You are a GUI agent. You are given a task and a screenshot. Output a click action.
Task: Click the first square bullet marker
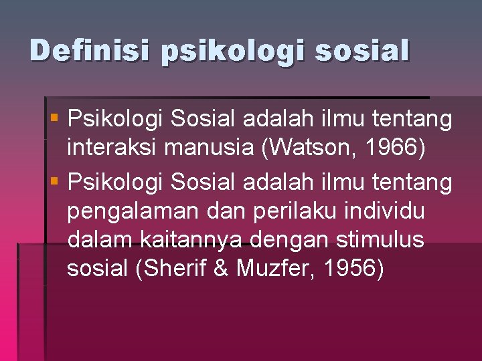coord(55,118)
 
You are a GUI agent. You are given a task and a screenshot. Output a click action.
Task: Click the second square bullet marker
coord(55,180)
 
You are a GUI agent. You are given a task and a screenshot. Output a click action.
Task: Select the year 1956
coord(354,268)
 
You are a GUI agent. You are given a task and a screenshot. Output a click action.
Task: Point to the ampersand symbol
coord(223,268)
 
